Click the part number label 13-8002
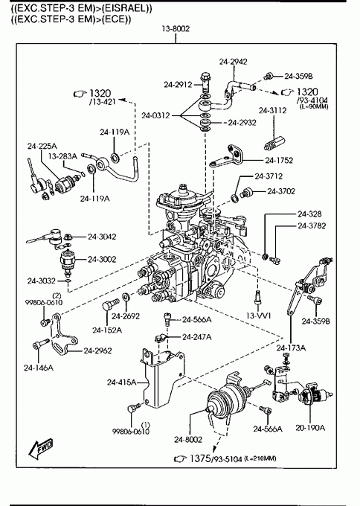pyautogui.click(x=176, y=29)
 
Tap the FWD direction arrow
pyautogui.click(x=40, y=449)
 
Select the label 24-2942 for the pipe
pyautogui.click(x=234, y=62)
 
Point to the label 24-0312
pyautogui.click(x=155, y=115)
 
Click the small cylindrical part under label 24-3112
pyautogui.click(x=274, y=143)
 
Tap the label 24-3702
pyautogui.click(x=281, y=191)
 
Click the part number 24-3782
pyautogui.click(x=312, y=225)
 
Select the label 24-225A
pyautogui.click(x=42, y=146)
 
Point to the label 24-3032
pyautogui.click(x=42, y=281)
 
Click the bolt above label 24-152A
pyautogui.click(x=110, y=304)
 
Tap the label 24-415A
pyautogui.click(x=122, y=382)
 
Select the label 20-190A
pyautogui.click(x=310, y=428)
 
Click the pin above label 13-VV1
pyautogui.click(x=257, y=297)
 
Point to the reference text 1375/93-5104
pyautogui.click(x=216, y=458)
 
